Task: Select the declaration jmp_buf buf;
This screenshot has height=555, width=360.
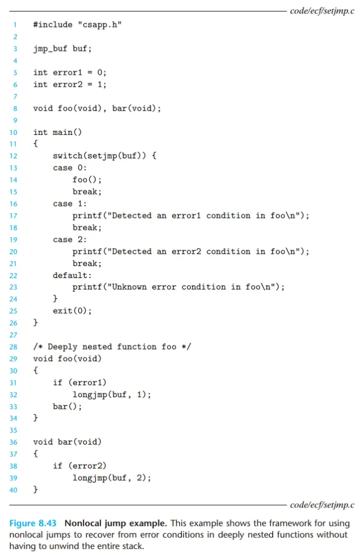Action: tap(62, 49)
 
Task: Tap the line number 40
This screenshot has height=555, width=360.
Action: tap(14, 490)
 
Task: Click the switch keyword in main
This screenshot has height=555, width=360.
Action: tap(67, 156)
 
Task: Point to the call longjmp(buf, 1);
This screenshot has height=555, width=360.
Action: tap(111, 394)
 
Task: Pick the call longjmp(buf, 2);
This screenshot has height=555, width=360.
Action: tap(111, 478)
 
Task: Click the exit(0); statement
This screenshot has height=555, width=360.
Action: tap(72, 311)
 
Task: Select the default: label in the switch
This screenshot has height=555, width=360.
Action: tap(72, 275)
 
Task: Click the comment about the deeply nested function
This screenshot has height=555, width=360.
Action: tap(111, 347)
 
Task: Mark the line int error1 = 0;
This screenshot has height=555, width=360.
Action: tap(69, 72)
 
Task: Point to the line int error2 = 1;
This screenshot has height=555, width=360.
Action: tap(69, 84)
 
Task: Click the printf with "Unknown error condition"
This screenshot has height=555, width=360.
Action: tap(179, 287)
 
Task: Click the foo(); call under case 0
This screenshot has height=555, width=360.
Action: tap(87, 180)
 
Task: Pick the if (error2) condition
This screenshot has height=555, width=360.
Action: tap(79, 466)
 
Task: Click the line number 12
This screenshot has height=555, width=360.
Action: tap(14, 156)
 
